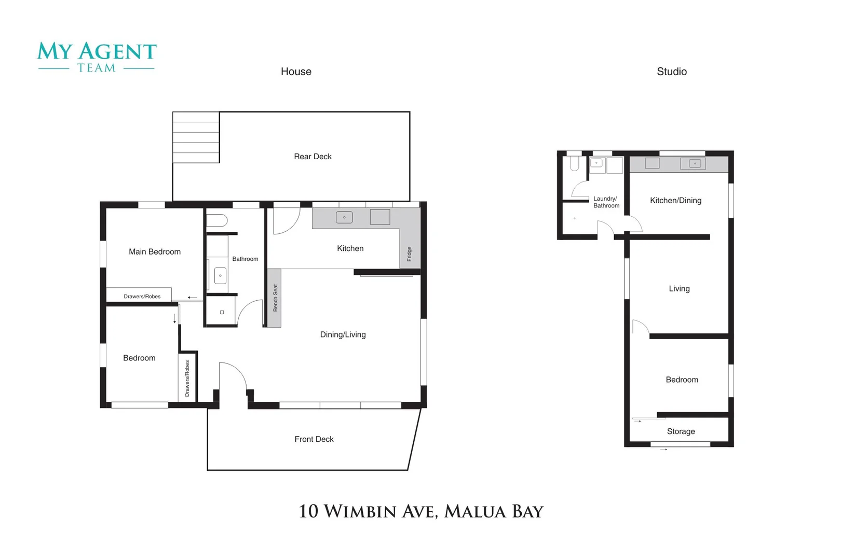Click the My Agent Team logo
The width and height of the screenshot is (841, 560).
[x=97, y=57]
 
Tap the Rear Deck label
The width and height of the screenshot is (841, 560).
[x=313, y=157]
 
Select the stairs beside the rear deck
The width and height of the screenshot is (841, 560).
[x=196, y=137]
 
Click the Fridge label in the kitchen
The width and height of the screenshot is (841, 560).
[x=409, y=254]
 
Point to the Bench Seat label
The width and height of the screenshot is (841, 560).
[x=275, y=298]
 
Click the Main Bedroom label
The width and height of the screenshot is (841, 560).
[x=155, y=252]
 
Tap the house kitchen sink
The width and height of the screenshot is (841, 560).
[x=344, y=217]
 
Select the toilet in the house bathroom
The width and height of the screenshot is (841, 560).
[x=217, y=221]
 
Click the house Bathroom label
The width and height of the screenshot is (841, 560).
[x=245, y=259]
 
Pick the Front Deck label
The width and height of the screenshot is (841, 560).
[x=314, y=439]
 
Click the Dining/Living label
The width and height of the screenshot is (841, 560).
[x=343, y=335]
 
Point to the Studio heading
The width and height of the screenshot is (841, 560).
[x=671, y=72]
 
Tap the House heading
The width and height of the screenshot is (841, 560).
[x=296, y=72]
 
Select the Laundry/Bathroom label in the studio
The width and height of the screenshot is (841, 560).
[x=606, y=202]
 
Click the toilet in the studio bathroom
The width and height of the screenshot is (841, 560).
[x=574, y=163]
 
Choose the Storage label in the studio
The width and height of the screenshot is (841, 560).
[x=681, y=431]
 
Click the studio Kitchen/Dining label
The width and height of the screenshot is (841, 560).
[x=675, y=201]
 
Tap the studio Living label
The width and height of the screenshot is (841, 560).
[x=679, y=289]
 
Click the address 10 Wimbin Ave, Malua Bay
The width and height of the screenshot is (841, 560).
[x=420, y=511]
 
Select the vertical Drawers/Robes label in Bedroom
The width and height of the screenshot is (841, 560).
[x=187, y=378]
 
